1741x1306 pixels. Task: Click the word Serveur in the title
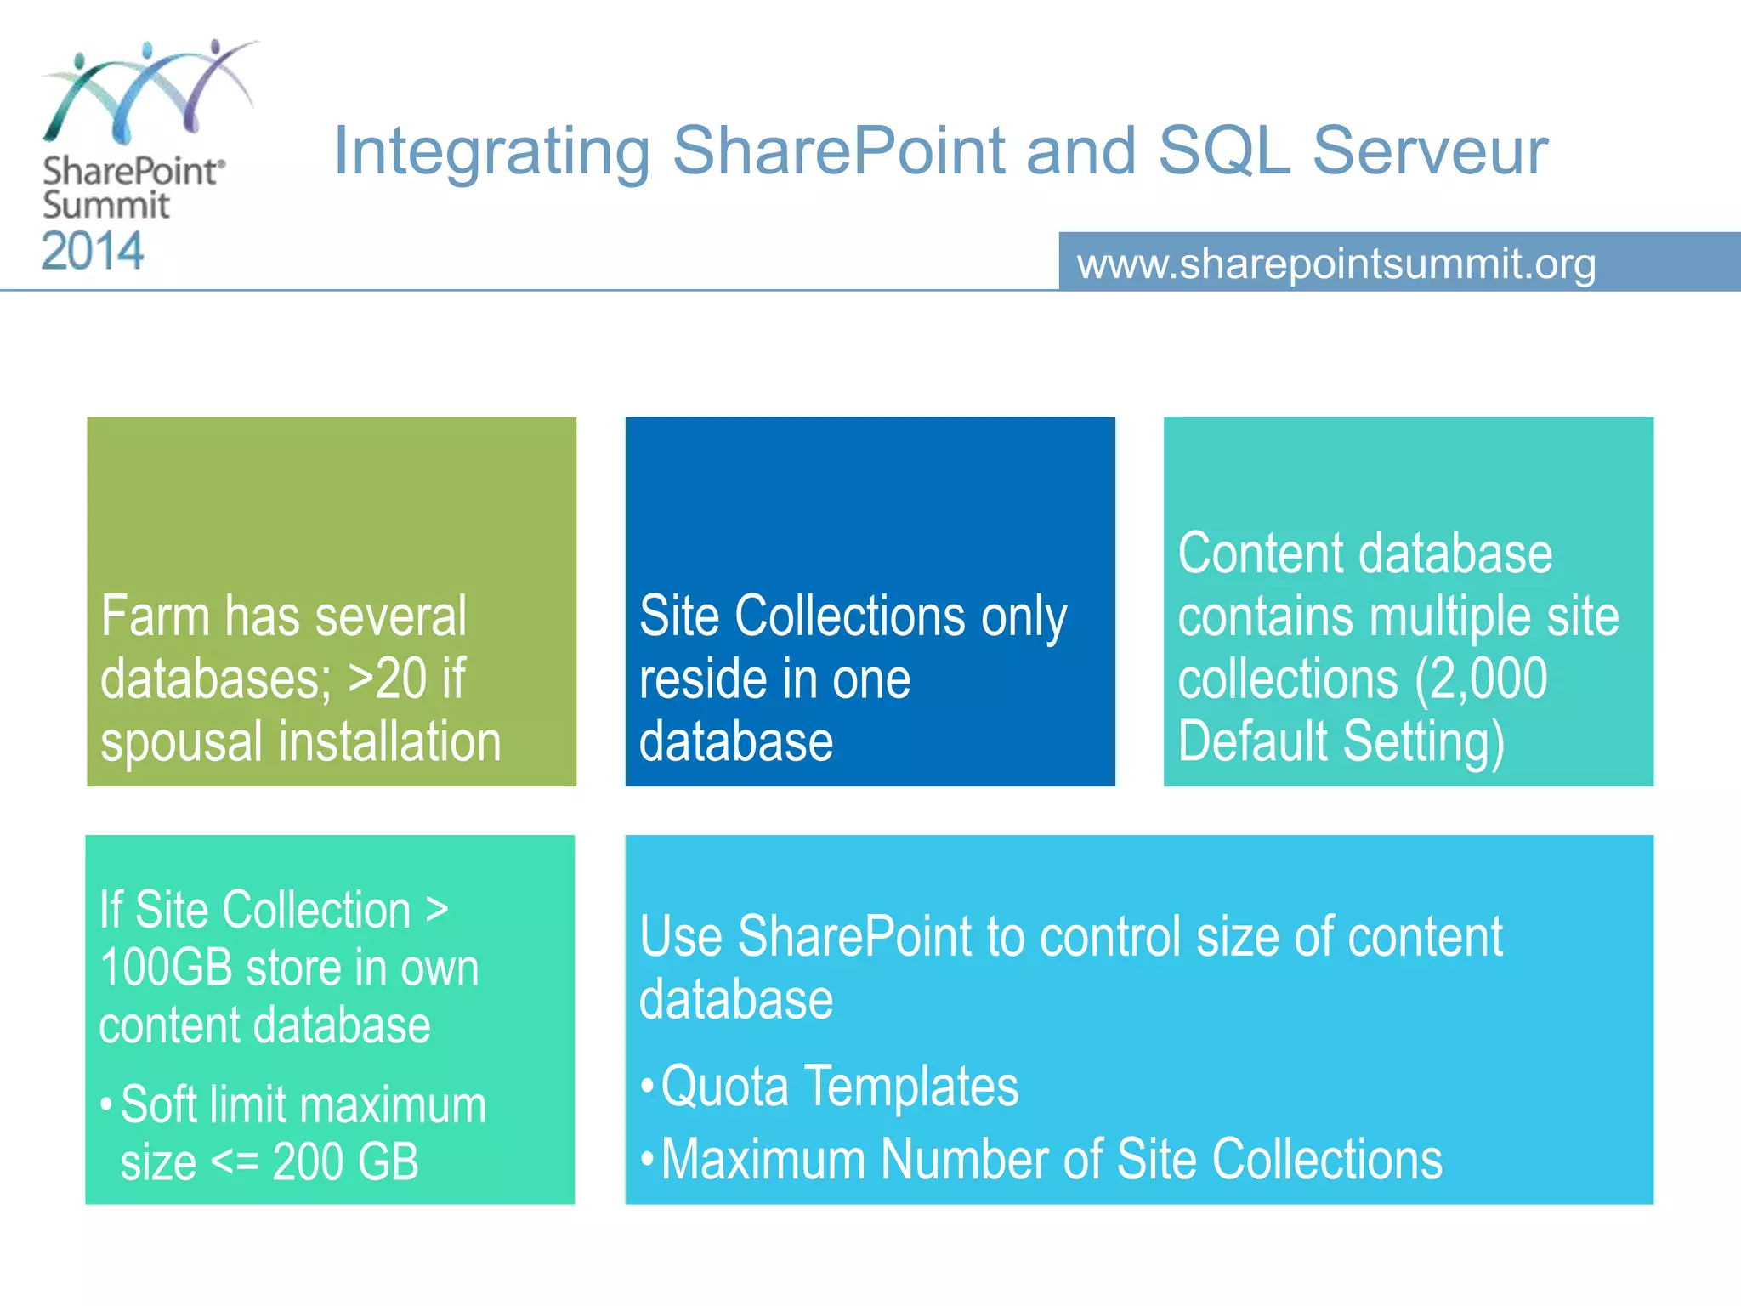1430,151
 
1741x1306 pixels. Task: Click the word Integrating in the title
491,151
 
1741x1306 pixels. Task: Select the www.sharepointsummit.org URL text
1336,264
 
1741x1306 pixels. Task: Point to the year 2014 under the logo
93,252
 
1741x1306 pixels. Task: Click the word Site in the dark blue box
680,616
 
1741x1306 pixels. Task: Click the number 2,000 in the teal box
1489,679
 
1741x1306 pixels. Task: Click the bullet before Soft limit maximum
106,1105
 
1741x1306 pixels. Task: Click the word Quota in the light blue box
725,1087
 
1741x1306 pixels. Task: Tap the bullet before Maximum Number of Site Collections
648,1159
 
